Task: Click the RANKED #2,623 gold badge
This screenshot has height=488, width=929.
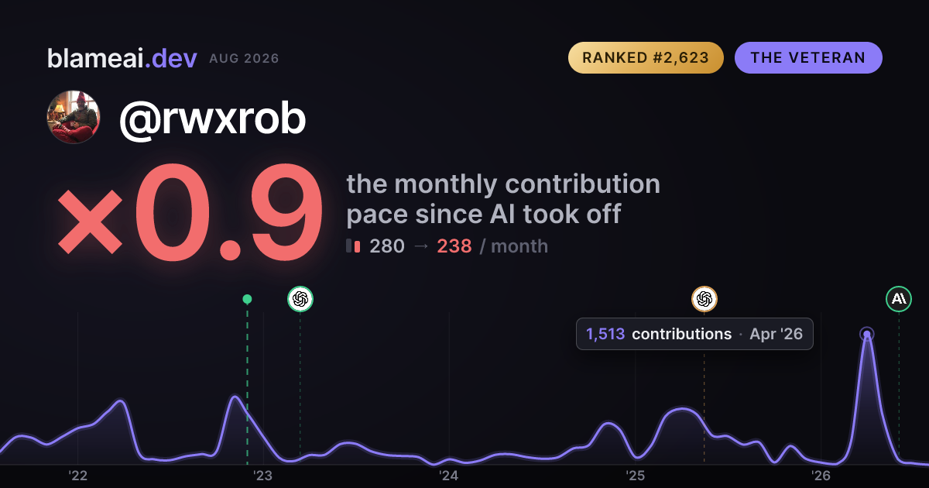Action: coord(646,57)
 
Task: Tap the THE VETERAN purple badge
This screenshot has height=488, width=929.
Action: coord(808,57)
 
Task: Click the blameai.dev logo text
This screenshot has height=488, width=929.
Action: coord(122,58)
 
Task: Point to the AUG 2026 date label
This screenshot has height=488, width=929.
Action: coord(244,59)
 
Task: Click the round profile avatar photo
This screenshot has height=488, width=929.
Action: coord(74,117)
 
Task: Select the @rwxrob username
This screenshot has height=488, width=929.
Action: coord(212,119)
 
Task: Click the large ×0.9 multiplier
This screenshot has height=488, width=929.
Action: coord(190,212)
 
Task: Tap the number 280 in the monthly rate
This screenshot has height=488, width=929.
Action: coord(387,246)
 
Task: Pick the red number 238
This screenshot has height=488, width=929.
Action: coord(454,246)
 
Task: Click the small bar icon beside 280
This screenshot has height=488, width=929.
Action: coord(353,246)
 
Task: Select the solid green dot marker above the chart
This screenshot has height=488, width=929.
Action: coord(247,299)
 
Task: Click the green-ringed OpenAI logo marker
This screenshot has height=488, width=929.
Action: coord(300,299)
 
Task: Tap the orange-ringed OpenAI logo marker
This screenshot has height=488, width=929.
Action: coord(704,299)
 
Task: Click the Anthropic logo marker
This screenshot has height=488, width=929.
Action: coord(899,299)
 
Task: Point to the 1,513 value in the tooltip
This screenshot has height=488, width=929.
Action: coord(605,334)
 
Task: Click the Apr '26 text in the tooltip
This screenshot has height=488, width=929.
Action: coord(776,334)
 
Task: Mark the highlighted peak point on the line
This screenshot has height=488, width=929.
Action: coord(867,334)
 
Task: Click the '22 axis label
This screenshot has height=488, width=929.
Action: coord(77,476)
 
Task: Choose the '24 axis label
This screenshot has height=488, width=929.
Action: coord(449,476)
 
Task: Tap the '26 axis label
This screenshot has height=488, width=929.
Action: coord(821,476)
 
